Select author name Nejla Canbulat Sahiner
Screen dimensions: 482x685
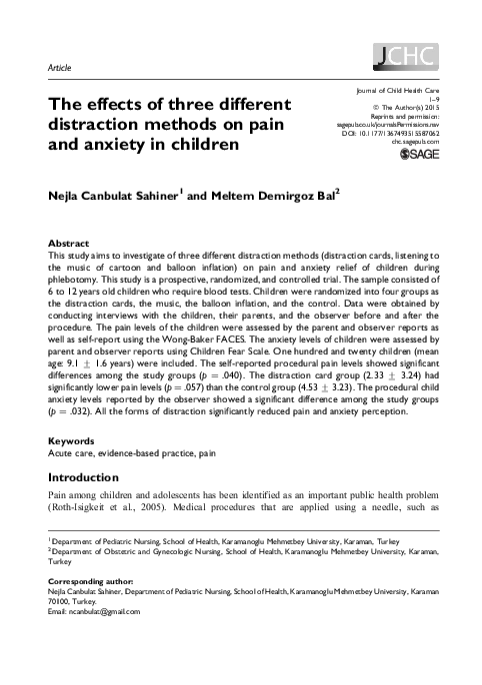116,196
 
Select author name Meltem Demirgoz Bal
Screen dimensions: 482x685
278,196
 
